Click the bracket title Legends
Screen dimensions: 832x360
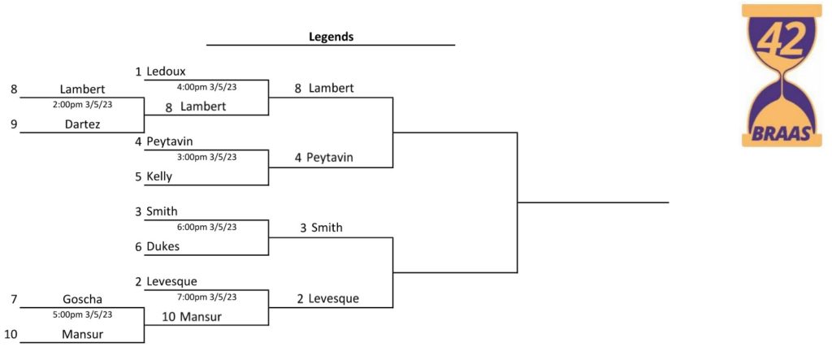pyautogui.click(x=331, y=37)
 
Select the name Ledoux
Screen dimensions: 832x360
pyautogui.click(x=166, y=72)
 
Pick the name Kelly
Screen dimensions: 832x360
pyautogui.click(x=159, y=177)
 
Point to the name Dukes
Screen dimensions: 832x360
pyautogui.click(x=162, y=246)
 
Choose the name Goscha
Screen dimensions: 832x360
pyautogui.click(x=82, y=300)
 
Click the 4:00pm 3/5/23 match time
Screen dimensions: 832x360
pyautogui.click(x=206, y=87)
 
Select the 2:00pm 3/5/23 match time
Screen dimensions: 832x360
pyautogui.click(x=82, y=105)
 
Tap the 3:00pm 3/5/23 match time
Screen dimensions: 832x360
pyautogui.click(x=206, y=157)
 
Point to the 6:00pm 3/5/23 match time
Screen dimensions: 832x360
pyautogui.click(x=206, y=227)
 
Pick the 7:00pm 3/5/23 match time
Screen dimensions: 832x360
pyautogui.click(x=206, y=297)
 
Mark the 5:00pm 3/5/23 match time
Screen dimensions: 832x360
pyautogui.click(x=82, y=314)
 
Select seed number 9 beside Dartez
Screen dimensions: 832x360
pyautogui.click(x=14, y=124)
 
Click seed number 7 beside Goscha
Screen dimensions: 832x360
pyautogui.click(x=14, y=300)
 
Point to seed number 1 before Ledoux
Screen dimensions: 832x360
pyautogui.click(x=138, y=72)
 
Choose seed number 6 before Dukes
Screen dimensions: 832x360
pyautogui.click(x=138, y=246)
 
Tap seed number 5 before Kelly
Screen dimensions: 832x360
pyautogui.click(x=138, y=177)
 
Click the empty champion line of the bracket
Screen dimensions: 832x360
pyautogui.click(x=592, y=202)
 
